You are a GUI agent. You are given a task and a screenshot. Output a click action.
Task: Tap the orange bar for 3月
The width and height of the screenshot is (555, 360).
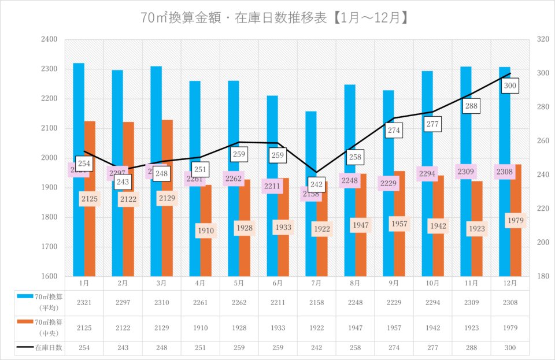click(x=167, y=156)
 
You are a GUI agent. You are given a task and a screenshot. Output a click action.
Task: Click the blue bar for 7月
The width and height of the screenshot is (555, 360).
click(x=311, y=144)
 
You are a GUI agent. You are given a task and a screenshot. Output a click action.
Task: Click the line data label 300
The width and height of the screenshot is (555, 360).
click(x=510, y=86)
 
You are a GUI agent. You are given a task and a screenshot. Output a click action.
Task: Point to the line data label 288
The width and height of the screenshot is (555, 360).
click(x=471, y=106)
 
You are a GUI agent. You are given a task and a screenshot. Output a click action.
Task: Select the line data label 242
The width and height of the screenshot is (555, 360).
click(x=316, y=185)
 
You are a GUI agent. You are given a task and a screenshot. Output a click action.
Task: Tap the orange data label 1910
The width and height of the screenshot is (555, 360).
click(x=206, y=231)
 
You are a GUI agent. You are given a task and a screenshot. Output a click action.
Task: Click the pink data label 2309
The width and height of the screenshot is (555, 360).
click(x=466, y=171)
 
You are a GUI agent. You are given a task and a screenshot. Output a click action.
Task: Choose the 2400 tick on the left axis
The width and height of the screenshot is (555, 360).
click(x=49, y=39)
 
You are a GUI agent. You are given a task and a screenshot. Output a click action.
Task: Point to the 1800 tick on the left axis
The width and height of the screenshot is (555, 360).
click(x=49, y=217)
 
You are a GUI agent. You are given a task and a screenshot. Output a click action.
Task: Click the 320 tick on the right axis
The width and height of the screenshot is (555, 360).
click(x=542, y=39)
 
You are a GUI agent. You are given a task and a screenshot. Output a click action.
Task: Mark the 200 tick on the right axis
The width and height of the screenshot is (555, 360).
click(x=542, y=242)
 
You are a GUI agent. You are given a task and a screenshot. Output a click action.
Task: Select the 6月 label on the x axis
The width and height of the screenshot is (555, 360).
click(x=277, y=283)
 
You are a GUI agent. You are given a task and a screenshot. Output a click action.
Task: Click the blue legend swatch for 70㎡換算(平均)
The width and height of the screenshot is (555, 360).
click(x=24, y=296)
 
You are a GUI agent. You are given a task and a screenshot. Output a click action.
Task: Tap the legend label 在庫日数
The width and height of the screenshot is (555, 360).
click(x=49, y=348)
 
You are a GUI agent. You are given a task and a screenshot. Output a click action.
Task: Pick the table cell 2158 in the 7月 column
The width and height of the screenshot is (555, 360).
click(x=316, y=302)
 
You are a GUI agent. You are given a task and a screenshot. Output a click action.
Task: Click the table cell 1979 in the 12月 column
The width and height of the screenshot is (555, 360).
click(x=510, y=327)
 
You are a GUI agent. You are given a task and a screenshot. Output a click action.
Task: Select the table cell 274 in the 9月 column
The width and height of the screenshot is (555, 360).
click(x=394, y=348)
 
